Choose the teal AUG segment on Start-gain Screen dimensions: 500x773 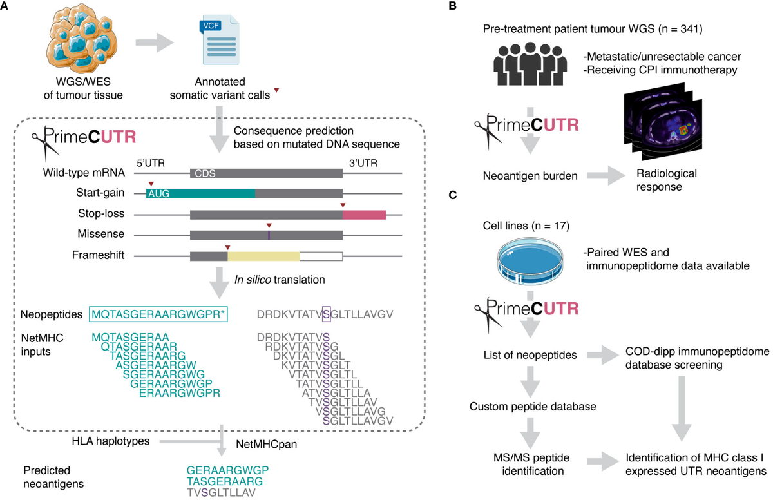click(x=200, y=193)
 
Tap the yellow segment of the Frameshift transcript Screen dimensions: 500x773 click(x=263, y=256)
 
